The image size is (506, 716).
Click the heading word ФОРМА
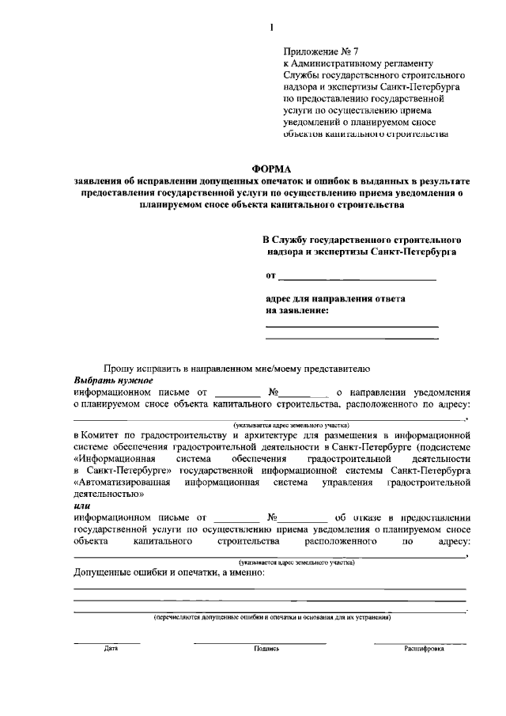pos(271,169)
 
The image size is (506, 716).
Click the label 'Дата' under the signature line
pos(111,648)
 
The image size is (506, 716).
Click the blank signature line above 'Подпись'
pos(260,642)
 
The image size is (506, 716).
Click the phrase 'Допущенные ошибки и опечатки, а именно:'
pos(169,571)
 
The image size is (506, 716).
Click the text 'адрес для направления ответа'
pos(335,299)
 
